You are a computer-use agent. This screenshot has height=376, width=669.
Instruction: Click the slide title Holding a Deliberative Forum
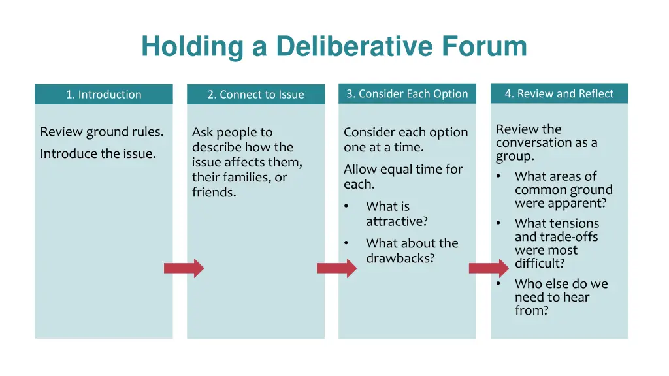click(334, 46)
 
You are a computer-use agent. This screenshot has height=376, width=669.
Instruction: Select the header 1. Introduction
click(103, 95)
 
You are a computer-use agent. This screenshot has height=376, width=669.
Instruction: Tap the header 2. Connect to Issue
click(255, 95)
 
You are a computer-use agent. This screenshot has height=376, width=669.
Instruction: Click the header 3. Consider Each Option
click(407, 93)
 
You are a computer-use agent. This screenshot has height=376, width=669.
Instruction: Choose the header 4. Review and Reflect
click(559, 93)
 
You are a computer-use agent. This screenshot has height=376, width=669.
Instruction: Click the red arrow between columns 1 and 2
click(184, 268)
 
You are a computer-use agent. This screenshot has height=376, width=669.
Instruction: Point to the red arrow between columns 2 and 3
click(336, 268)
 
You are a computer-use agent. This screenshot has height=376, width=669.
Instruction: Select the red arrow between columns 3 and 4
click(489, 268)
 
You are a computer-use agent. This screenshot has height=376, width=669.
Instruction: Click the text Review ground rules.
click(102, 132)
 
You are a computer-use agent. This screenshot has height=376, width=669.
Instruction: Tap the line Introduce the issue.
click(98, 154)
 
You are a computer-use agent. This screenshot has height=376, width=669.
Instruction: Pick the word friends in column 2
click(213, 193)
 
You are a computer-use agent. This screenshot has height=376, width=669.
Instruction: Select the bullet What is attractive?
click(397, 213)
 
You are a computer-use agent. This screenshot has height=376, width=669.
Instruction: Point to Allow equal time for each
click(403, 176)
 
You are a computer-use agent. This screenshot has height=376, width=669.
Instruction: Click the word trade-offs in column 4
click(565, 237)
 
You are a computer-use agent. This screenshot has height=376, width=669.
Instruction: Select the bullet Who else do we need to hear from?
click(561, 297)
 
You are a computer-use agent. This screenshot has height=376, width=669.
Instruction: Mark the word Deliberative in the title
click(355, 46)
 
